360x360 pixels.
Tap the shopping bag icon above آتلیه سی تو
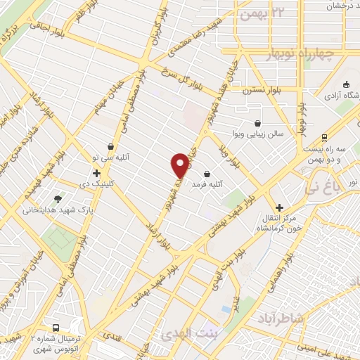(x=111, y=146)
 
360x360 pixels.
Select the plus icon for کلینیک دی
(x=96, y=172)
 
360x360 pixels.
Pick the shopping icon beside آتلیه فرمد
(x=206, y=174)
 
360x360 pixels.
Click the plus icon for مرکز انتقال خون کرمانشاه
(x=280, y=207)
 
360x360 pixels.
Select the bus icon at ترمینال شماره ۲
(x=56, y=328)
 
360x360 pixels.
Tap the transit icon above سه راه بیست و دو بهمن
(x=323, y=138)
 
